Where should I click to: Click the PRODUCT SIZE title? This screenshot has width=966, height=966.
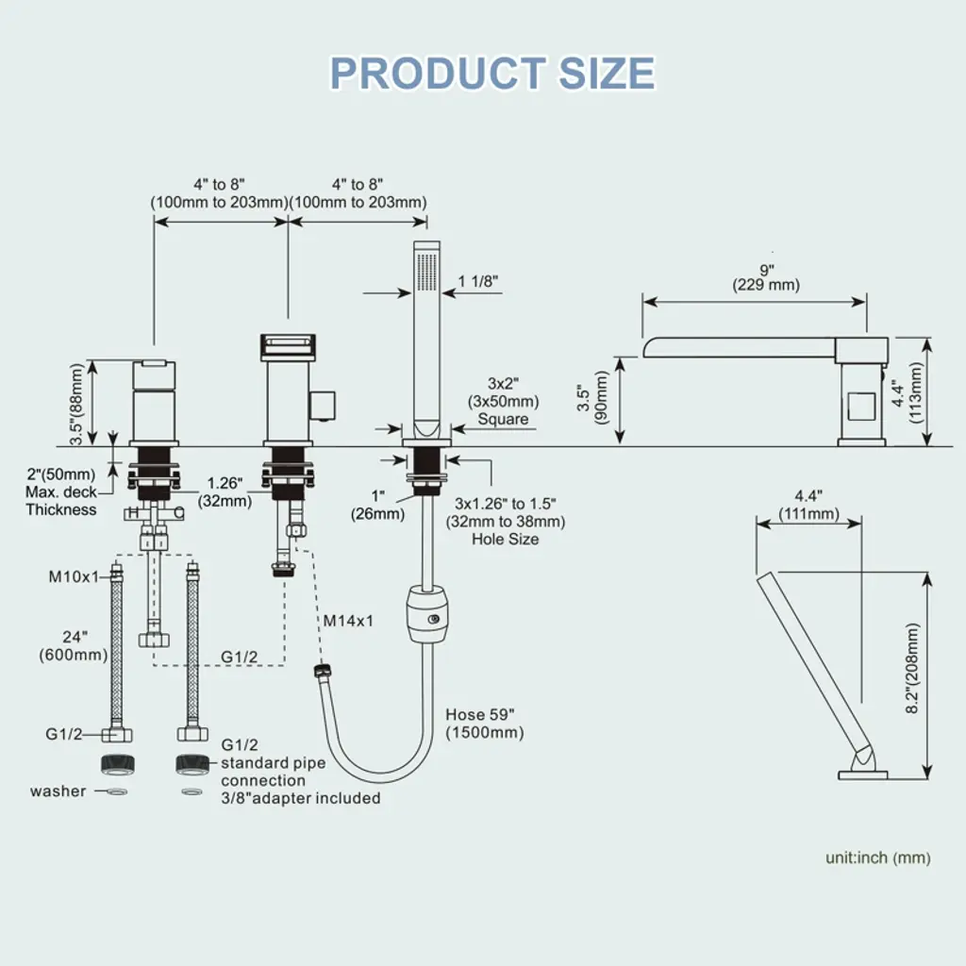coord(491,74)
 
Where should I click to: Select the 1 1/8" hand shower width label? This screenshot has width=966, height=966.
coord(477,280)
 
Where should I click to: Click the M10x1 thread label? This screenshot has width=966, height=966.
coord(74,576)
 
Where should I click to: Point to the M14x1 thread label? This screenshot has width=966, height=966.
coord(348,621)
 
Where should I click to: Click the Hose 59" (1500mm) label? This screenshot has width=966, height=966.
coord(485,724)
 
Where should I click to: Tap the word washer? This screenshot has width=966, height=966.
coord(58,791)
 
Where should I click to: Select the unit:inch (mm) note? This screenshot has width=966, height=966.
coord(877,858)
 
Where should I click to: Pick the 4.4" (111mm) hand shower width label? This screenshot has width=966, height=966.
coord(808,506)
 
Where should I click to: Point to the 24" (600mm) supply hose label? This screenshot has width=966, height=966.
coord(73,645)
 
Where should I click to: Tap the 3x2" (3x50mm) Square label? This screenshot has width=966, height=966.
coord(504,401)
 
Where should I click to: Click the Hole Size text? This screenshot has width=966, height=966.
coord(506,539)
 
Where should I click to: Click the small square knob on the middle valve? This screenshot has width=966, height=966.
coord(326,402)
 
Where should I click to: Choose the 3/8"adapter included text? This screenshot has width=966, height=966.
coord(301,798)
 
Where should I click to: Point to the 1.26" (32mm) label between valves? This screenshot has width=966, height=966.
coord(225,492)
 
